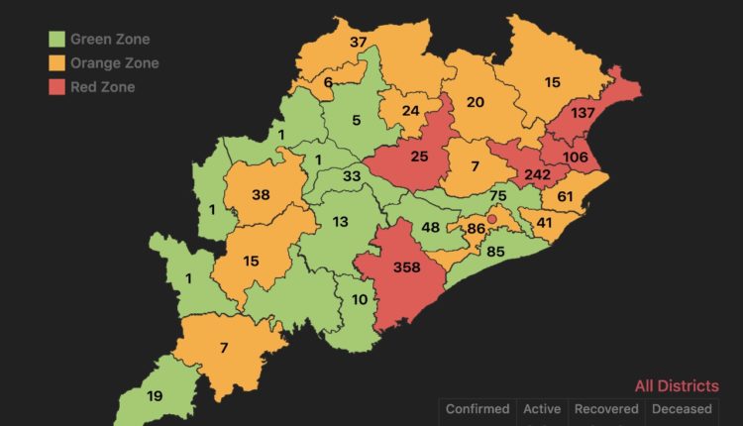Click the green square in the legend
[58, 40]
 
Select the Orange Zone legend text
[114, 63]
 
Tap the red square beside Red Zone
[58, 87]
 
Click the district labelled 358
[406, 267]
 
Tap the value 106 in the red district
[577, 157]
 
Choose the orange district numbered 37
[359, 43]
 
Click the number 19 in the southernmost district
[155, 396]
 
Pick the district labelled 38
[261, 195]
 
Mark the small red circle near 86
[491, 219]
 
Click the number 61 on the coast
[566, 197]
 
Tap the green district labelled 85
[495, 251]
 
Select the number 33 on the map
[351, 176]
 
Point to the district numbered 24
[411, 111]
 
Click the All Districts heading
[678, 386]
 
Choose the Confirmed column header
[477, 409]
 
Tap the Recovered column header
[605, 409]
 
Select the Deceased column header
[681, 409]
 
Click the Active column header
[541, 409]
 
